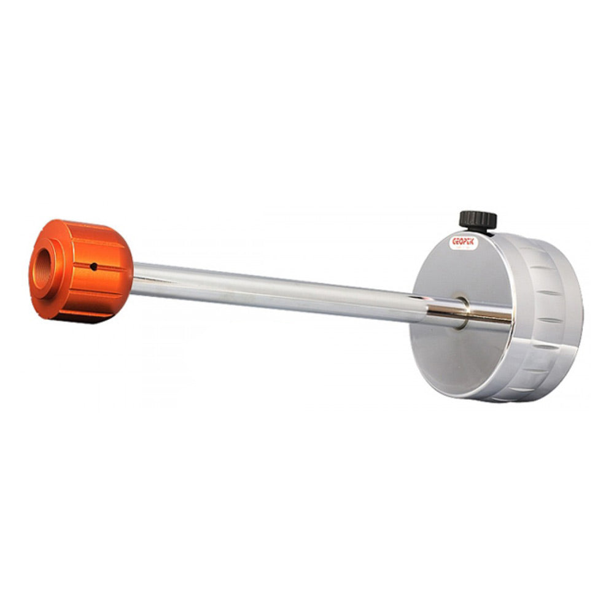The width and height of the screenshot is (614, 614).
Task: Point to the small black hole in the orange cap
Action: tap(93, 266)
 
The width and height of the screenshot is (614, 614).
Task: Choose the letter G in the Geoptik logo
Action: tap(454, 241)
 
